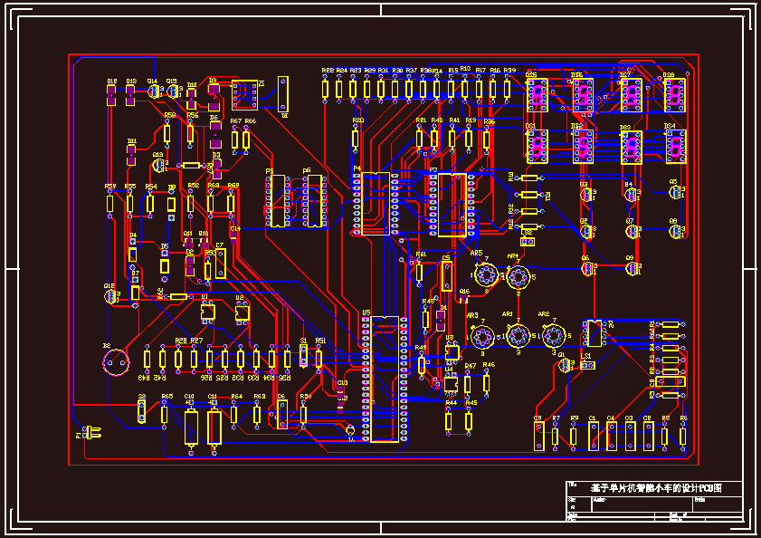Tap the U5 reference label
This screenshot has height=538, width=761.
click(x=366, y=312)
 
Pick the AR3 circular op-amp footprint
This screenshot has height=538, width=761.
click(x=481, y=337)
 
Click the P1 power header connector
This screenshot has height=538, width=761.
click(x=91, y=432)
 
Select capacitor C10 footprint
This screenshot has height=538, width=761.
click(x=191, y=426)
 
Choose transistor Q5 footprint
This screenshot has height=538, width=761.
click(x=675, y=192)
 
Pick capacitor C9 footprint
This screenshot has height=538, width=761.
click(x=537, y=436)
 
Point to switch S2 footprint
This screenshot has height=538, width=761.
click(x=142, y=412)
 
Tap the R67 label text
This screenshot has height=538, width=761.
click(x=234, y=121)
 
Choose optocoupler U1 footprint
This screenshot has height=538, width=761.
click(x=207, y=312)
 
